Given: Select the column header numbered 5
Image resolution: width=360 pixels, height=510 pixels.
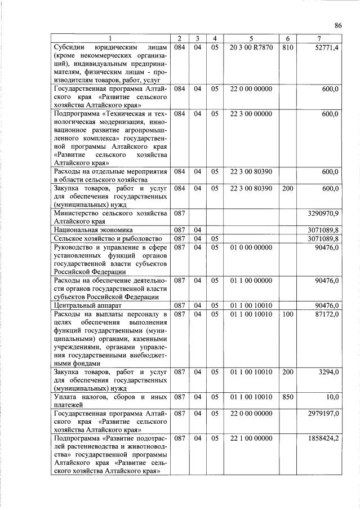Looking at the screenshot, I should click(x=251, y=38).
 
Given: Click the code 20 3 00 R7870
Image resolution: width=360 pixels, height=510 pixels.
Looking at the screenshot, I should click(x=251, y=47).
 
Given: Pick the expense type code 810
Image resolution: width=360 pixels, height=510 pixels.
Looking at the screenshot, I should click(x=287, y=47).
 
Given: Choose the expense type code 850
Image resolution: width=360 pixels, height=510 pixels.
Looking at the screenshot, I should click(x=287, y=397).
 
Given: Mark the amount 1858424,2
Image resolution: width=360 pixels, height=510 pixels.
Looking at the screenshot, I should click(x=323, y=438).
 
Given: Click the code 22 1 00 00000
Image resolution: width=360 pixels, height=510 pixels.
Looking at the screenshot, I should click(x=251, y=438).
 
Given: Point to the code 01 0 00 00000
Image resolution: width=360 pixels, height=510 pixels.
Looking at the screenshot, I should click(x=251, y=247).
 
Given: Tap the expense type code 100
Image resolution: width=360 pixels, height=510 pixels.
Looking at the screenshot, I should click(x=287, y=313).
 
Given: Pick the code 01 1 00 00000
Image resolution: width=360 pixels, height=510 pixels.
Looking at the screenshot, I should click(x=251, y=280).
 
